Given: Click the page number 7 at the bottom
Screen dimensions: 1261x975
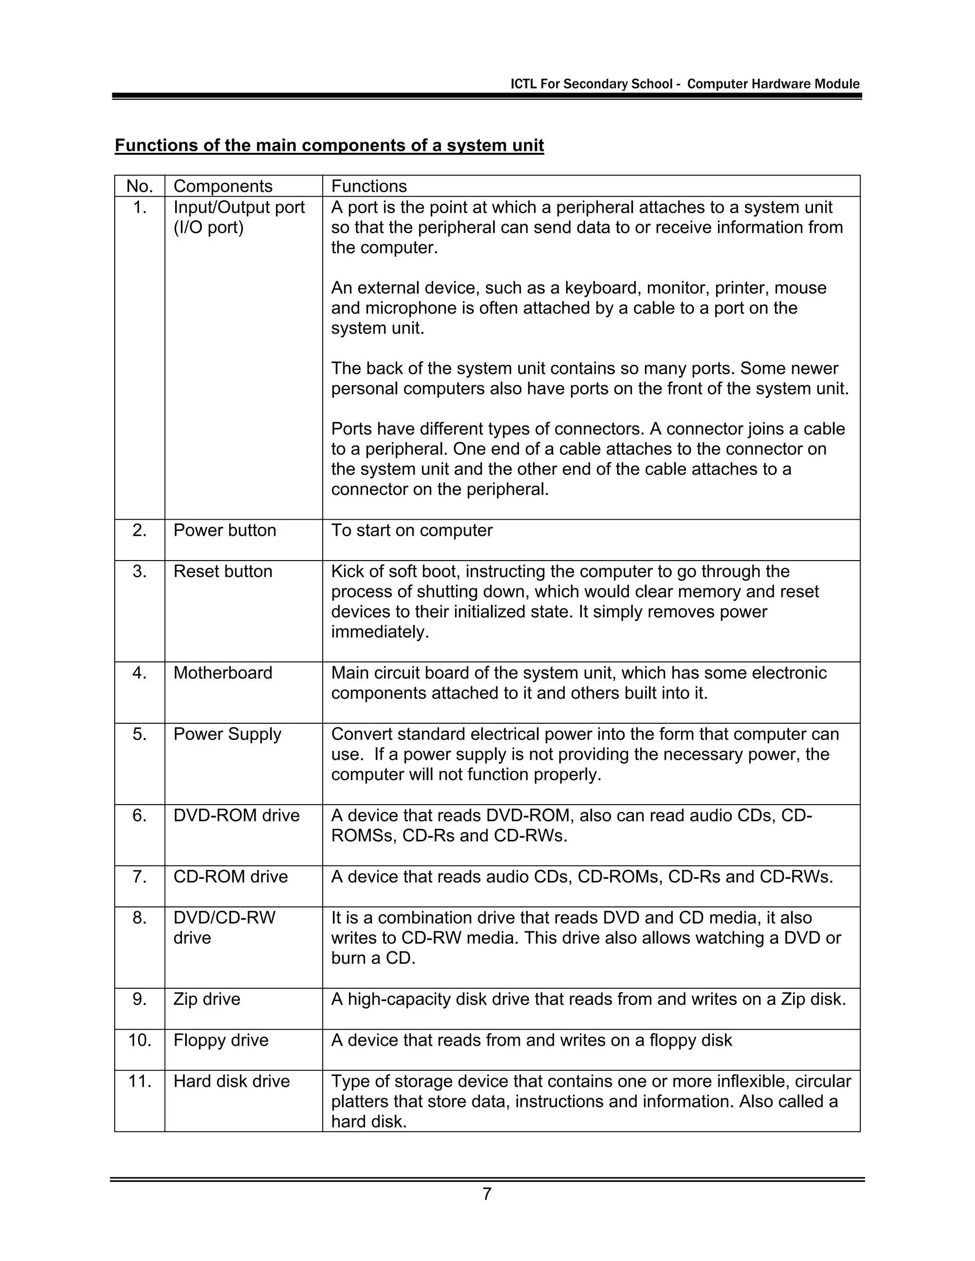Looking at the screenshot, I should point(487,1193).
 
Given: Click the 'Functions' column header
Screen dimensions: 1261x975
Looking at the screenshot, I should point(368,187).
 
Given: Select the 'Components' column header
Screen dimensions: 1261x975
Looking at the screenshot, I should point(223,187).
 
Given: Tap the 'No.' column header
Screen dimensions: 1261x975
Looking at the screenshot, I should point(139,187).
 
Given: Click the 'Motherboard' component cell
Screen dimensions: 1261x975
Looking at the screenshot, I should point(223,673).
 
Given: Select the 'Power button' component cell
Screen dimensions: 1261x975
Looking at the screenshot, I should point(225,530).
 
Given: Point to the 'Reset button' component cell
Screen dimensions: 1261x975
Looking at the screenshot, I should point(223,571).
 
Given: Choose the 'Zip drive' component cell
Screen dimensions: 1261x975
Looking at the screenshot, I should point(207,999).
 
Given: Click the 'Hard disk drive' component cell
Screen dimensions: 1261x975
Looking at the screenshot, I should point(232,1081).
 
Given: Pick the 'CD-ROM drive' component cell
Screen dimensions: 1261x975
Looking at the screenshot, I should point(230,877).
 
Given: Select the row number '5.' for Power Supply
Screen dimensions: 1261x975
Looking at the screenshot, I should point(139,734).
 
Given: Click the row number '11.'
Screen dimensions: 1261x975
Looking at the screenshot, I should point(139,1081).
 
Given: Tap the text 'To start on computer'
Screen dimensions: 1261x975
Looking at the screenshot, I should point(412,530).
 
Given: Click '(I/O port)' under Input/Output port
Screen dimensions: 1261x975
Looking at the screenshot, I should point(209,227).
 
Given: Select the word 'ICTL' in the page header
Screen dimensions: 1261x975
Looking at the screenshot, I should point(523,84).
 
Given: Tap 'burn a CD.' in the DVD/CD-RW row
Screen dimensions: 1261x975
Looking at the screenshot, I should point(373,958).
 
